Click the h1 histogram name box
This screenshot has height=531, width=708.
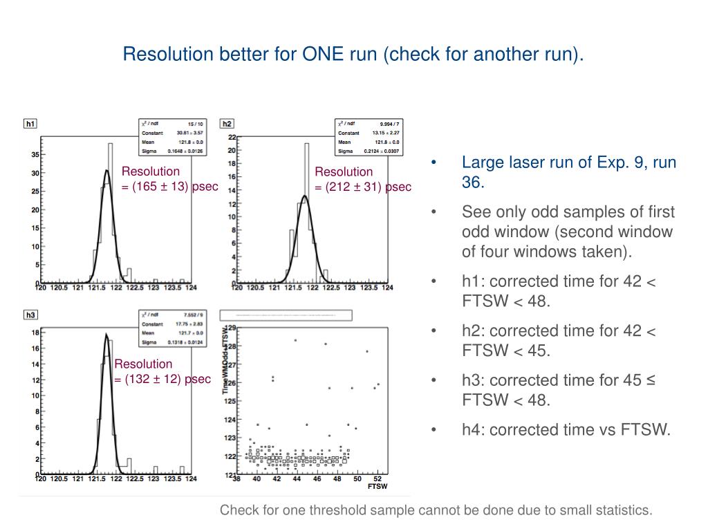(x=30, y=124)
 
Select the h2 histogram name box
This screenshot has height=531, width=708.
(x=227, y=124)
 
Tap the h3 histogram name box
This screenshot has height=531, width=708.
(x=30, y=315)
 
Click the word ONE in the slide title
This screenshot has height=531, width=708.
(x=321, y=53)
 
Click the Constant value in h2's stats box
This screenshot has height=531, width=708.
(x=385, y=133)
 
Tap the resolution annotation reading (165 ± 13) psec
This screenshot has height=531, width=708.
(x=170, y=186)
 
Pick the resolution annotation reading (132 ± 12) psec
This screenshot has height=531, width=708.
(x=162, y=378)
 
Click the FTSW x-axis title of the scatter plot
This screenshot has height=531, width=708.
(x=378, y=486)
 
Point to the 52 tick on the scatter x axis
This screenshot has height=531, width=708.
(x=377, y=478)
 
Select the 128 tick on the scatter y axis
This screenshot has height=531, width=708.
(x=232, y=346)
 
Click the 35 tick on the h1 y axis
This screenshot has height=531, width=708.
(x=35, y=155)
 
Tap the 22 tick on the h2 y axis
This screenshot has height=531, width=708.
(x=232, y=137)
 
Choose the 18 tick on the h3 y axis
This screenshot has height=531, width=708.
(x=35, y=333)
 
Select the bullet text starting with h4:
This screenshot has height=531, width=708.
(x=566, y=429)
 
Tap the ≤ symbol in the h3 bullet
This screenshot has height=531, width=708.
(x=649, y=380)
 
